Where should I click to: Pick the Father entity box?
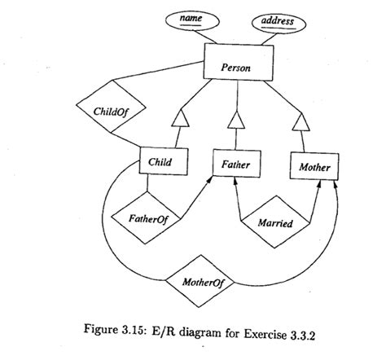tap(236, 165)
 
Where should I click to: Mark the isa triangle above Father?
tap(236, 122)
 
